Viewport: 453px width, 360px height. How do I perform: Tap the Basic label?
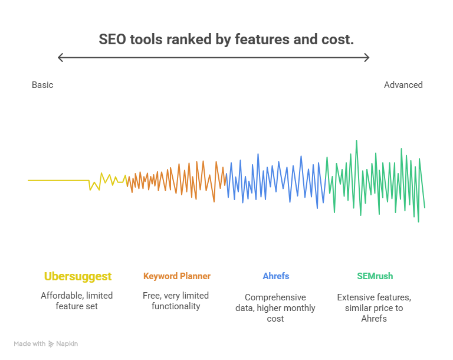point(42,85)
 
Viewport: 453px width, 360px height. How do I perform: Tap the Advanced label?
point(403,85)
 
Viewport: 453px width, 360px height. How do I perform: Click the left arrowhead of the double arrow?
point(60,57)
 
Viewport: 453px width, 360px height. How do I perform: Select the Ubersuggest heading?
point(78,276)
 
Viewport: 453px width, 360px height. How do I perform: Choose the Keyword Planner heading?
point(176,276)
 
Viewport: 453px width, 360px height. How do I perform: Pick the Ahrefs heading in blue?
point(275,276)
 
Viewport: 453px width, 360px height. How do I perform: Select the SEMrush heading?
point(375,276)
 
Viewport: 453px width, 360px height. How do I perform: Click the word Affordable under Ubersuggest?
point(61,295)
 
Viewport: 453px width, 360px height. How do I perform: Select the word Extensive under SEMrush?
point(354,297)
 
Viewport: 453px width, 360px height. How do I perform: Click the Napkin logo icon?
point(51,344)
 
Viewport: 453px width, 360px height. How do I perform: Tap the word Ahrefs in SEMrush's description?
point(375,319)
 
